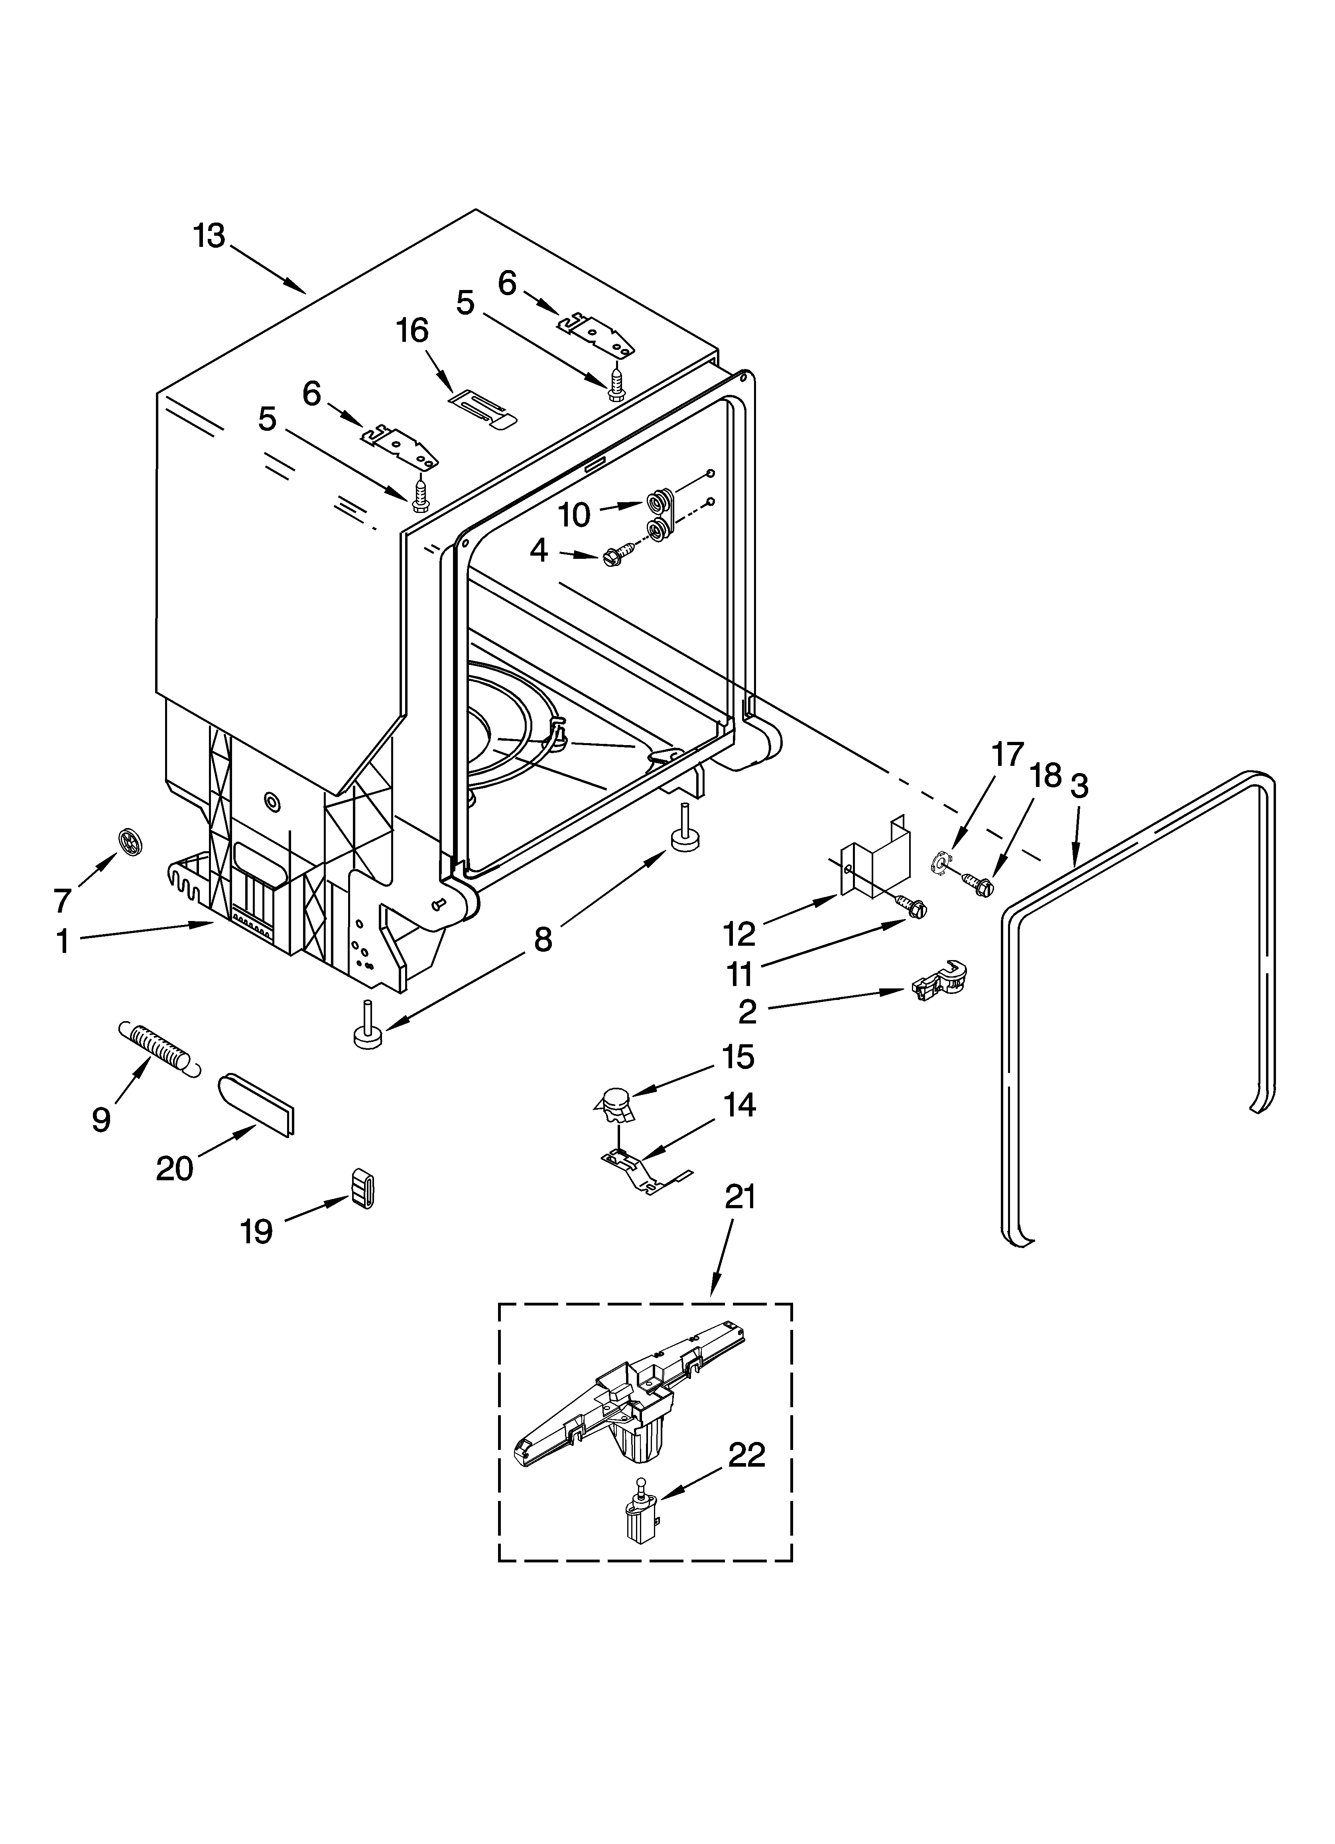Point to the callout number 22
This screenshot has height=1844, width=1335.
(746, 1455)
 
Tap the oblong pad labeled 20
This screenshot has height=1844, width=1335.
(255, 1103)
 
